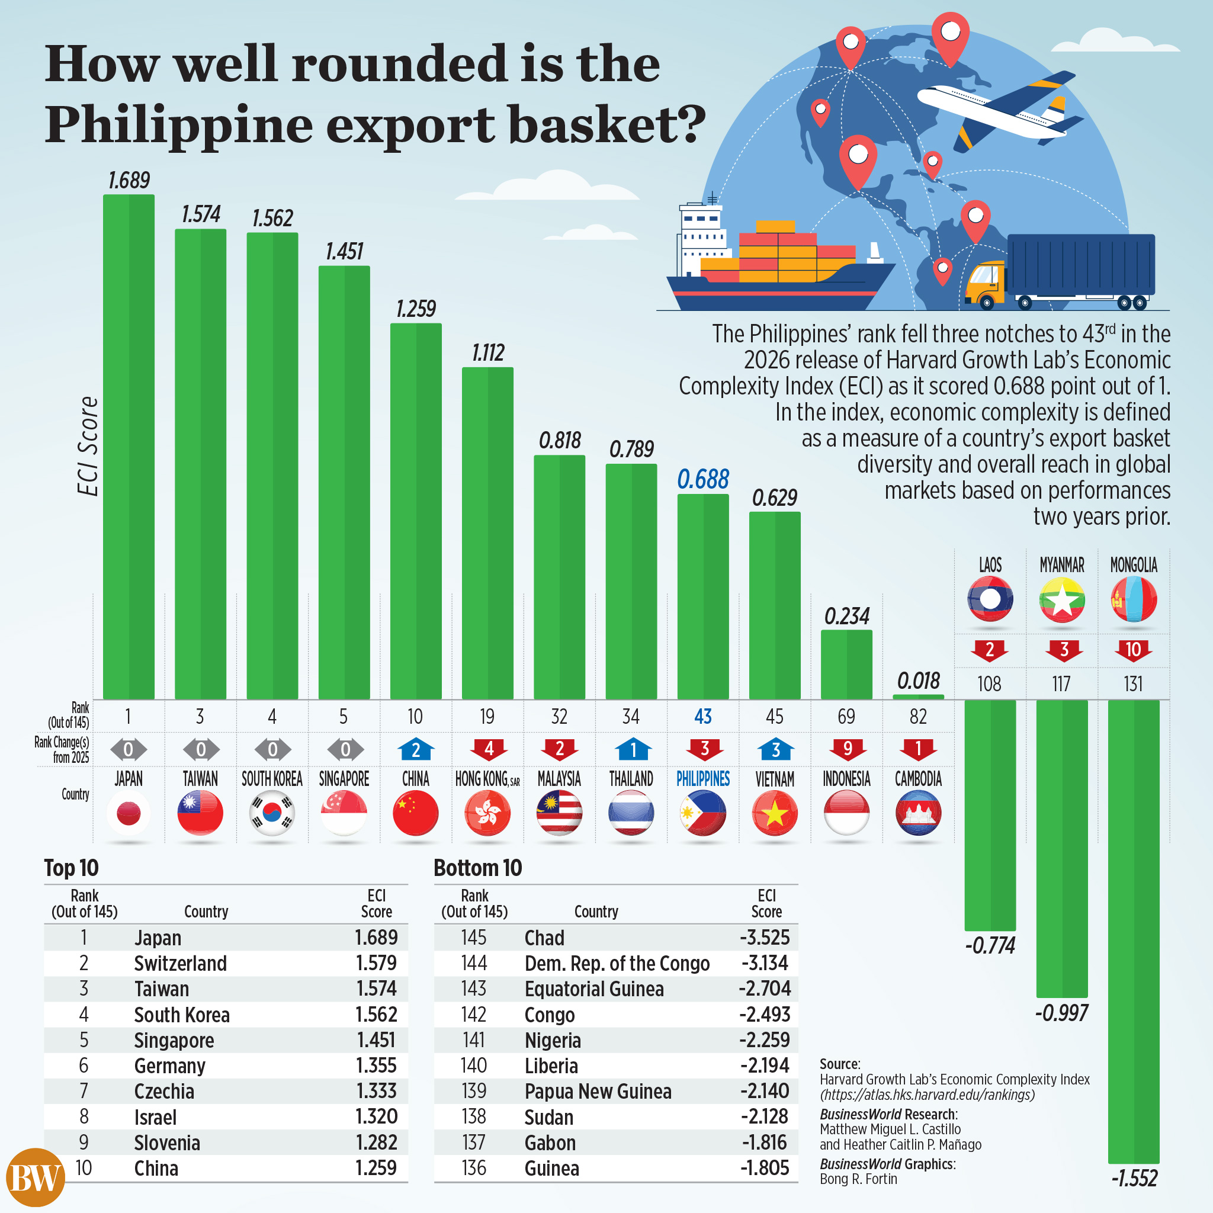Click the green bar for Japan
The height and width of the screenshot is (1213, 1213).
tap(129, 446)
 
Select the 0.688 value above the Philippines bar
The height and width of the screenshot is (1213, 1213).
tap(702, 480)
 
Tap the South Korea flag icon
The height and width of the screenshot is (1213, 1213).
tap(271, 813)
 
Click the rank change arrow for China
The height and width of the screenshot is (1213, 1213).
tap(416, 749)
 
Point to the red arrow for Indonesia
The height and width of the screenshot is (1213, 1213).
tap(846, 749)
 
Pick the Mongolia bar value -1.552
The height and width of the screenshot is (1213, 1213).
tap(1134, 1178)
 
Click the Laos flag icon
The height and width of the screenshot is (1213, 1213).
tap(990, 599)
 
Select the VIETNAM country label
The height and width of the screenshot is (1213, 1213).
tap(775, 779)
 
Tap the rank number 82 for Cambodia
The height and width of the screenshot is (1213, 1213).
tap(918, 717)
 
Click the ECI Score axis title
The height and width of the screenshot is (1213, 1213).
tap(88, 446)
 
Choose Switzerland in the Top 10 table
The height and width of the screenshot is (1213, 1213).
tap(180, 963)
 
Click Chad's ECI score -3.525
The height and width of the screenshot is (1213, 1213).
tap(764, 938)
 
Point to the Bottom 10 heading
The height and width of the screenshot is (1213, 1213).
tap(478, 868)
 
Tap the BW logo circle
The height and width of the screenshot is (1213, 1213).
tap(36, 1177)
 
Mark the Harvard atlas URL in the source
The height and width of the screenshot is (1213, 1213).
tap(927, 1095)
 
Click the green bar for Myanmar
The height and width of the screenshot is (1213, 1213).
tap(1062, 848)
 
